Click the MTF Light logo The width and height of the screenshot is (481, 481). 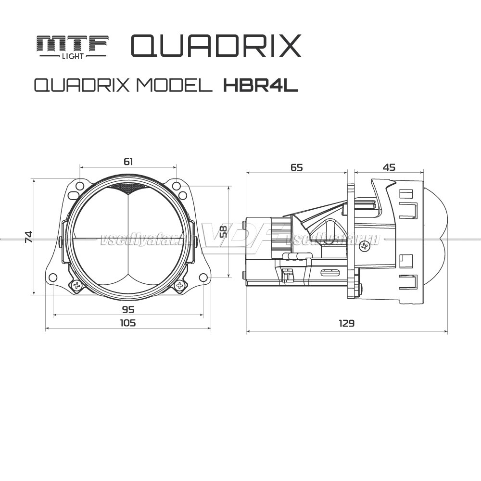pos(73,47)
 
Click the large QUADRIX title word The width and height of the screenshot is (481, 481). pos(215,46)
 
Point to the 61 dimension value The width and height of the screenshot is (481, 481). pos(128,162)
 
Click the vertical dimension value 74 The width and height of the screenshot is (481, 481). pos(29,237)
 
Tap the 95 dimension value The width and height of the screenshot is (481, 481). pos(128,309)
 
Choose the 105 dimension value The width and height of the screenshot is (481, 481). pos(128,323)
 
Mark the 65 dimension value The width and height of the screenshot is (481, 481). pos(297,167)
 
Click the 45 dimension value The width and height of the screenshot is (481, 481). pos(389,167)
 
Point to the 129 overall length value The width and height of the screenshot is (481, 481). pos(346,323)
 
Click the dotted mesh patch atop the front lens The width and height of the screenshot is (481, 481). pos(128,188)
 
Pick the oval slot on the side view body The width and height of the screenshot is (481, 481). pos(330,272)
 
